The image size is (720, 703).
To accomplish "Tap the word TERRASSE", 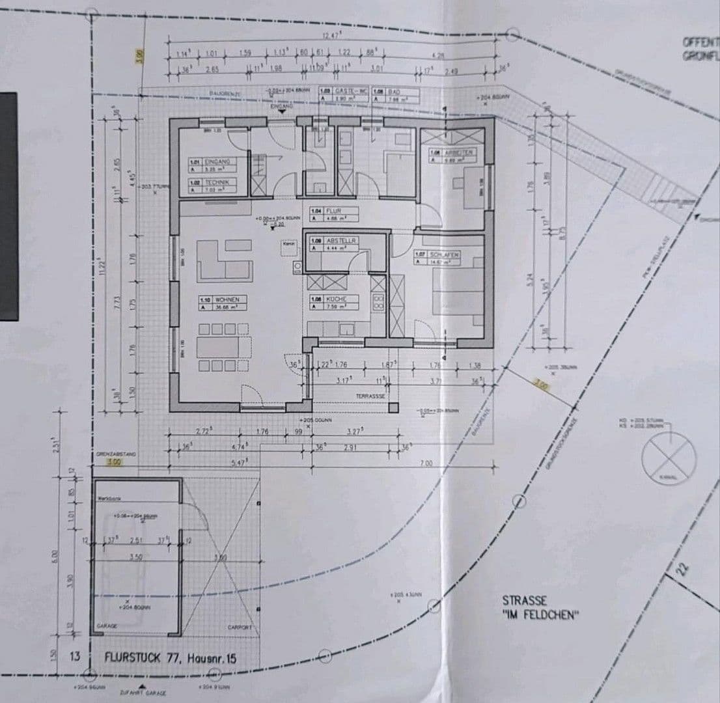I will (x=372, y=395).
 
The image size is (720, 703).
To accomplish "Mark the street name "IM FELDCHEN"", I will (x=540, y=613).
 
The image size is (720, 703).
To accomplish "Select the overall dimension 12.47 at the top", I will (x=333, y=35).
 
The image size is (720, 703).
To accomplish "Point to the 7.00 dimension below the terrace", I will (x=427, y=463).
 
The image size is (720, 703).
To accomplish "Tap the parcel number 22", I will (x=682, y=569).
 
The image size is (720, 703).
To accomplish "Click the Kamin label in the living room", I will (x=288, y=243).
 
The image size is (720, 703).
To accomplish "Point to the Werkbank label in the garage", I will (x=106, y=498).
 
